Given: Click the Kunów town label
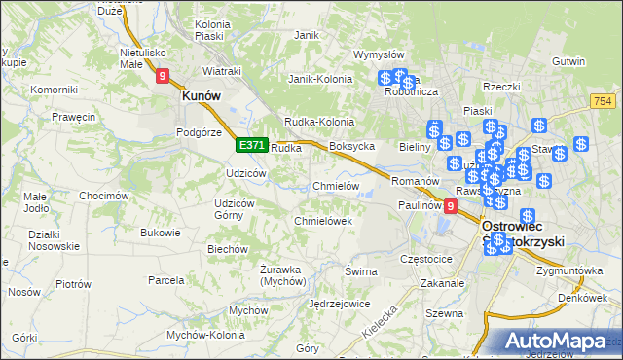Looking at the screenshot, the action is [x=202, y=96].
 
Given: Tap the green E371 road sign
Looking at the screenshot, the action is [x=251, y=145].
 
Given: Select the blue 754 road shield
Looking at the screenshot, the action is [x=602, y=101].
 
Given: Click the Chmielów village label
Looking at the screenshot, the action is [x=336, y=186].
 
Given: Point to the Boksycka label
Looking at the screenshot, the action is [x=352, y=146].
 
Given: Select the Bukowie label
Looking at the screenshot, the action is [x=161, y=233].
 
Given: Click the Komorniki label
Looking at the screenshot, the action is [x=54, y=90].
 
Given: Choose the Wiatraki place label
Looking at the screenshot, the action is [x=221, y=71].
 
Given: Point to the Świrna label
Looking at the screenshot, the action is [x=360, y=271].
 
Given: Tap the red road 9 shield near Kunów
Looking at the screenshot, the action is [x=162, y=75].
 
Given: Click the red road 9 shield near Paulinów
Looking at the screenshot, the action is [x=450, y=206].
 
